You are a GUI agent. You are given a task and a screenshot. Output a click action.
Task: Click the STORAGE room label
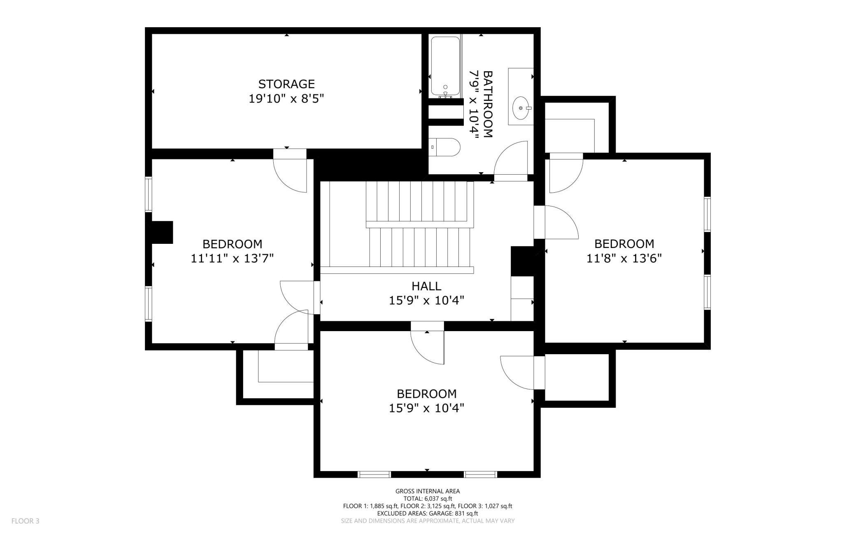(286, 84)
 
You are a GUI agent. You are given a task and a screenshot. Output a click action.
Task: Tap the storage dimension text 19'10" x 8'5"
(286, 99)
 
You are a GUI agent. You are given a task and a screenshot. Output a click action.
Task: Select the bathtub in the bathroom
(445, 67)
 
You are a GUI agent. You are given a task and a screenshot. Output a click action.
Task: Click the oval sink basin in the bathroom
(521, 108)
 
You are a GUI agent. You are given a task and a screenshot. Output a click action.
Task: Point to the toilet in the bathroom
(444, 147)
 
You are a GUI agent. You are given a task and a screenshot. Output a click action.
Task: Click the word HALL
(426, 286)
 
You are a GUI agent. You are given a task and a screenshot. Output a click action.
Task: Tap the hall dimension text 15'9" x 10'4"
(426, 301)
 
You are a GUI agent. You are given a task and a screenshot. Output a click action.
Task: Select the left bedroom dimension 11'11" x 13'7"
(232, 259)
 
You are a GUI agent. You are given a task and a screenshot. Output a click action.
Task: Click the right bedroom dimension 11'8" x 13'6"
(624, 259)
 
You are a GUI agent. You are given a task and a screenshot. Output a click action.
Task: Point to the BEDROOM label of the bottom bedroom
(426, 394)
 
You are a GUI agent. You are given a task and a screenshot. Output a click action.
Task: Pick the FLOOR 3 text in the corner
(26, 521)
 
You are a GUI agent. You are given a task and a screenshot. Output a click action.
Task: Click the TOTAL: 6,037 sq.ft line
(428, 498)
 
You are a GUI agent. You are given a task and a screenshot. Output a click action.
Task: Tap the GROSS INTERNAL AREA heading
(428, 491)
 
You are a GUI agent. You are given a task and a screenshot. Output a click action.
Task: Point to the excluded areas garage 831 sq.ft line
(428, 514)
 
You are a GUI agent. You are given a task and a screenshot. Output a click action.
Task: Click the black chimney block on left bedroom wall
(162, 232)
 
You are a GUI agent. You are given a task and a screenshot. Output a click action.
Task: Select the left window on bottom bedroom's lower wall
(374, 474)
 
